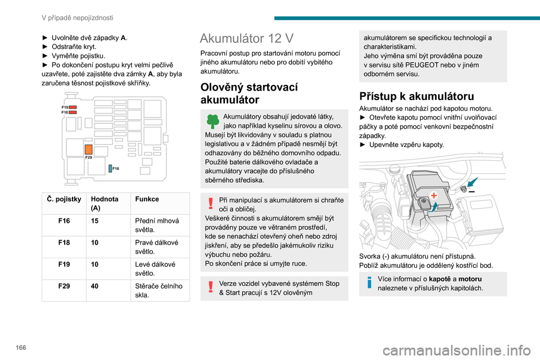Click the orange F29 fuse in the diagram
pos(88,149)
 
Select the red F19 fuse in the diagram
pos(73,106)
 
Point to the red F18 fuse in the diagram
pos(73,112)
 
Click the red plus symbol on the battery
pos(434,195)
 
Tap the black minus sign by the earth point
pos(470,192)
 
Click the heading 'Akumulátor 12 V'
pos(246,38)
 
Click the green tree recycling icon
pos(212,121)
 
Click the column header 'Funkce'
pos(147,199)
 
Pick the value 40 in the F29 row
pos(94,286)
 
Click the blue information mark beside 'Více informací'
pos(369,282)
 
